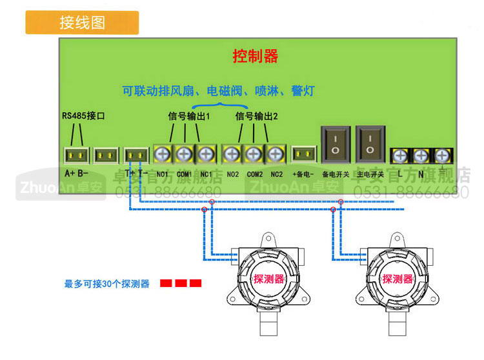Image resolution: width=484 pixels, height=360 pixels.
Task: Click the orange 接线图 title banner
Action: click(x=82, y=22)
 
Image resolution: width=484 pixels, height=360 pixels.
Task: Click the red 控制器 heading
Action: click(x=255, y=56)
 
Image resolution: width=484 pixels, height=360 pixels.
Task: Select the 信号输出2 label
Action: click(x=257, y=117)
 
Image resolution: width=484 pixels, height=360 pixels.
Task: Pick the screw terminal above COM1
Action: click(x=185, y=154)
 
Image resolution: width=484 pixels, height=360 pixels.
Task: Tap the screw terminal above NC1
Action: click(x=206, y=154)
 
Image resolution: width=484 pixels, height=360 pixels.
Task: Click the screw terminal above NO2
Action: click(x=232, y=154)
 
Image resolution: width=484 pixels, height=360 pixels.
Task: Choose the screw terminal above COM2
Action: click(x=254, y=154)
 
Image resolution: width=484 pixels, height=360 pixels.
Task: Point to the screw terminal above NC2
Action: click(x=276, y=154)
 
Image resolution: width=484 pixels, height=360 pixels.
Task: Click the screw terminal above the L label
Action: click(x=400, y=155)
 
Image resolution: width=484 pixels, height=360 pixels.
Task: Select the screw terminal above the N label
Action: click(x=421, y=155)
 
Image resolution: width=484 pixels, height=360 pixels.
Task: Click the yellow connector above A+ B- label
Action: click(x=76, y=155)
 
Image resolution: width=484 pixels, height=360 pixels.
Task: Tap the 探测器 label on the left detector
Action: click(x=269, y=279)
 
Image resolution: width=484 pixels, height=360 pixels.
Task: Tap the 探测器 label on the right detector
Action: click(x=398, y=279)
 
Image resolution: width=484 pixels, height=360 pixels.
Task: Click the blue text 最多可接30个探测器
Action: click(x=107, y=284)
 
